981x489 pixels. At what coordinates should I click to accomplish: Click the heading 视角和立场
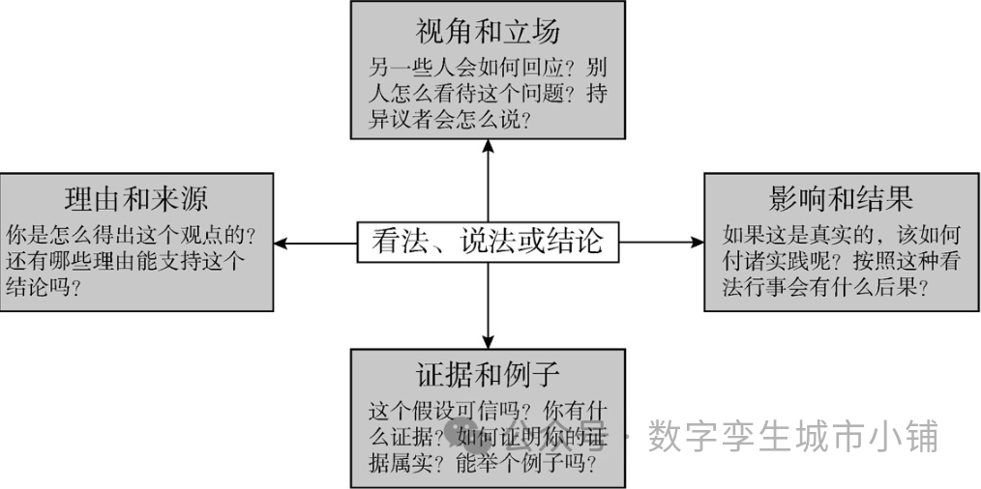coord(488,32)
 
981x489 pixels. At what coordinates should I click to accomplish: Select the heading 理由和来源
coord(135,199)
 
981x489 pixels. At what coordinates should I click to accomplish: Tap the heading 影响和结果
coord(841,199)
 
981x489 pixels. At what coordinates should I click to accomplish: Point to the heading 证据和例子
coord(488,374)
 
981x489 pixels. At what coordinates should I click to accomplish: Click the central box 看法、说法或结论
coord(488,242)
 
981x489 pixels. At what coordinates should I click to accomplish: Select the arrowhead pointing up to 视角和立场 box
coord(488,145)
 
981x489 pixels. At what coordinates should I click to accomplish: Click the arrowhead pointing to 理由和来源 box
coord(279,242)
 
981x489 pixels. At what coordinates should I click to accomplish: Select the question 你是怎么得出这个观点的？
coord(130,235)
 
